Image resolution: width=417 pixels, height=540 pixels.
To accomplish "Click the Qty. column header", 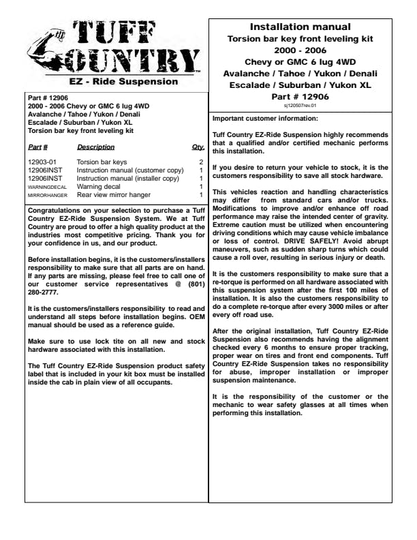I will [198, 147].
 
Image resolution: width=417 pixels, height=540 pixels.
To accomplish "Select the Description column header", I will [95, 147].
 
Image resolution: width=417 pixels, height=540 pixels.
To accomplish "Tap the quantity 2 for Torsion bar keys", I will [201, 162].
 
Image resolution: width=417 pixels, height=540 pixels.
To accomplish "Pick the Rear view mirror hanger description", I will [114, 194].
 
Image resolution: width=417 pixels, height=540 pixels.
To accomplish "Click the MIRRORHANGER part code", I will [47, 195].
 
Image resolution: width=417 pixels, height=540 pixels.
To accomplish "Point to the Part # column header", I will [37, 147].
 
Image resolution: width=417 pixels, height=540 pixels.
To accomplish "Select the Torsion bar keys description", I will [102, 162].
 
